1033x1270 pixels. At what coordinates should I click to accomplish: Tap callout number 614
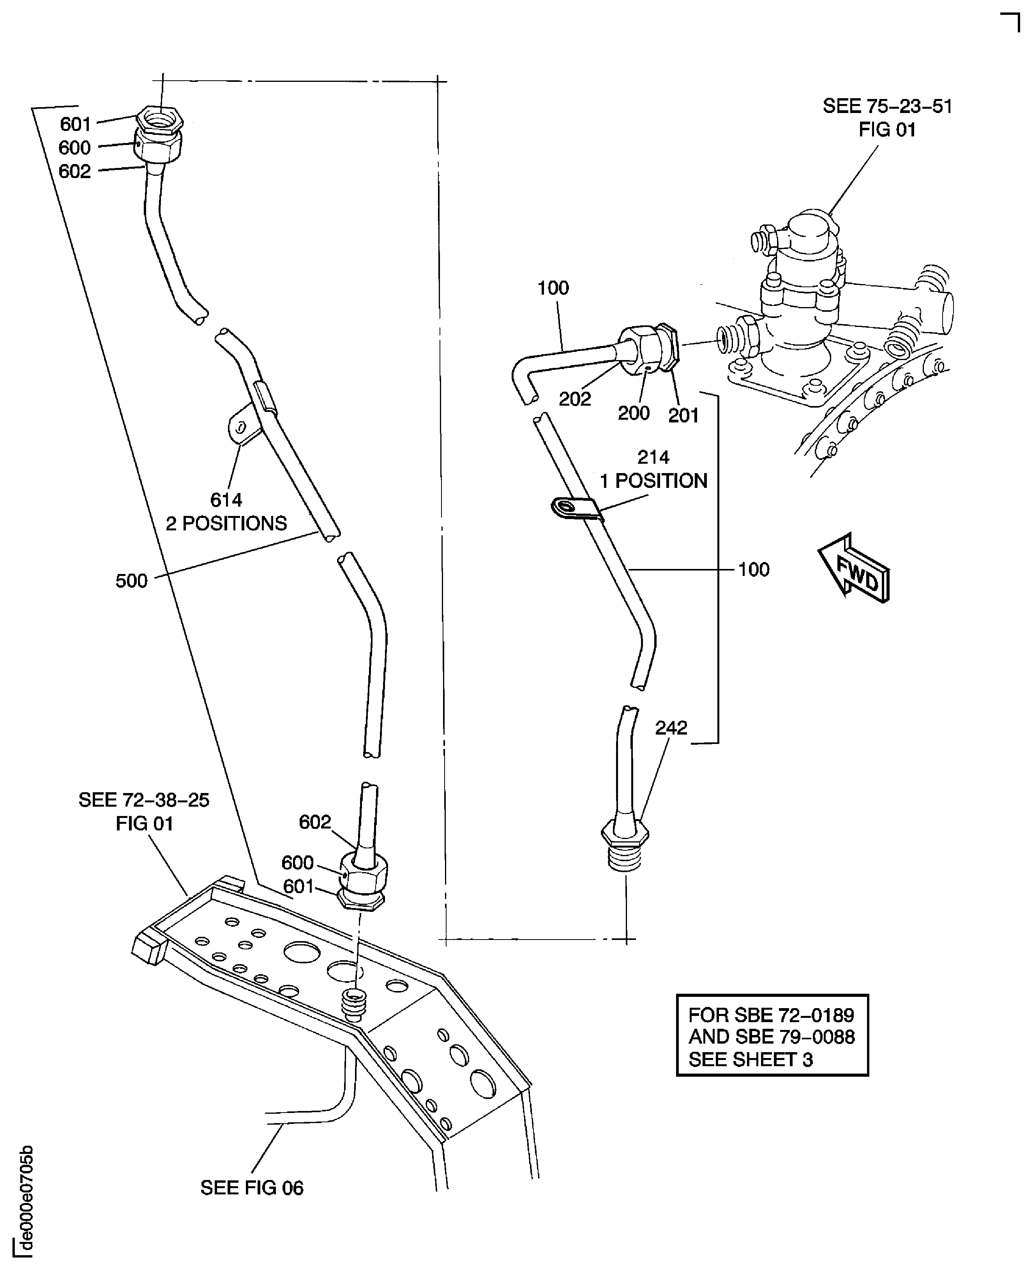click(226, 500)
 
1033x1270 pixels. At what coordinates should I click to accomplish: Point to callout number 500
click(131, 581)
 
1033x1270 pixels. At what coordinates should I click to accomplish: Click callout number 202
click(574, 399)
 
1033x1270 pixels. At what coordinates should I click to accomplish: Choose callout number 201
click(683, 415)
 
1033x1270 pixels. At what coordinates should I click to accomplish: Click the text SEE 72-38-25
click(144, 800)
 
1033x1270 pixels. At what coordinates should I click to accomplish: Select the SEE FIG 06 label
click(252, 1188)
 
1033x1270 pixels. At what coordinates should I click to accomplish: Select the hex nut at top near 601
click(159, 119)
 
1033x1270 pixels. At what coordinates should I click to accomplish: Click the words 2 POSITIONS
click(226, 524)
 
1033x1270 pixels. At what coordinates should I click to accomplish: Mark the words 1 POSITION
click(653, 481)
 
